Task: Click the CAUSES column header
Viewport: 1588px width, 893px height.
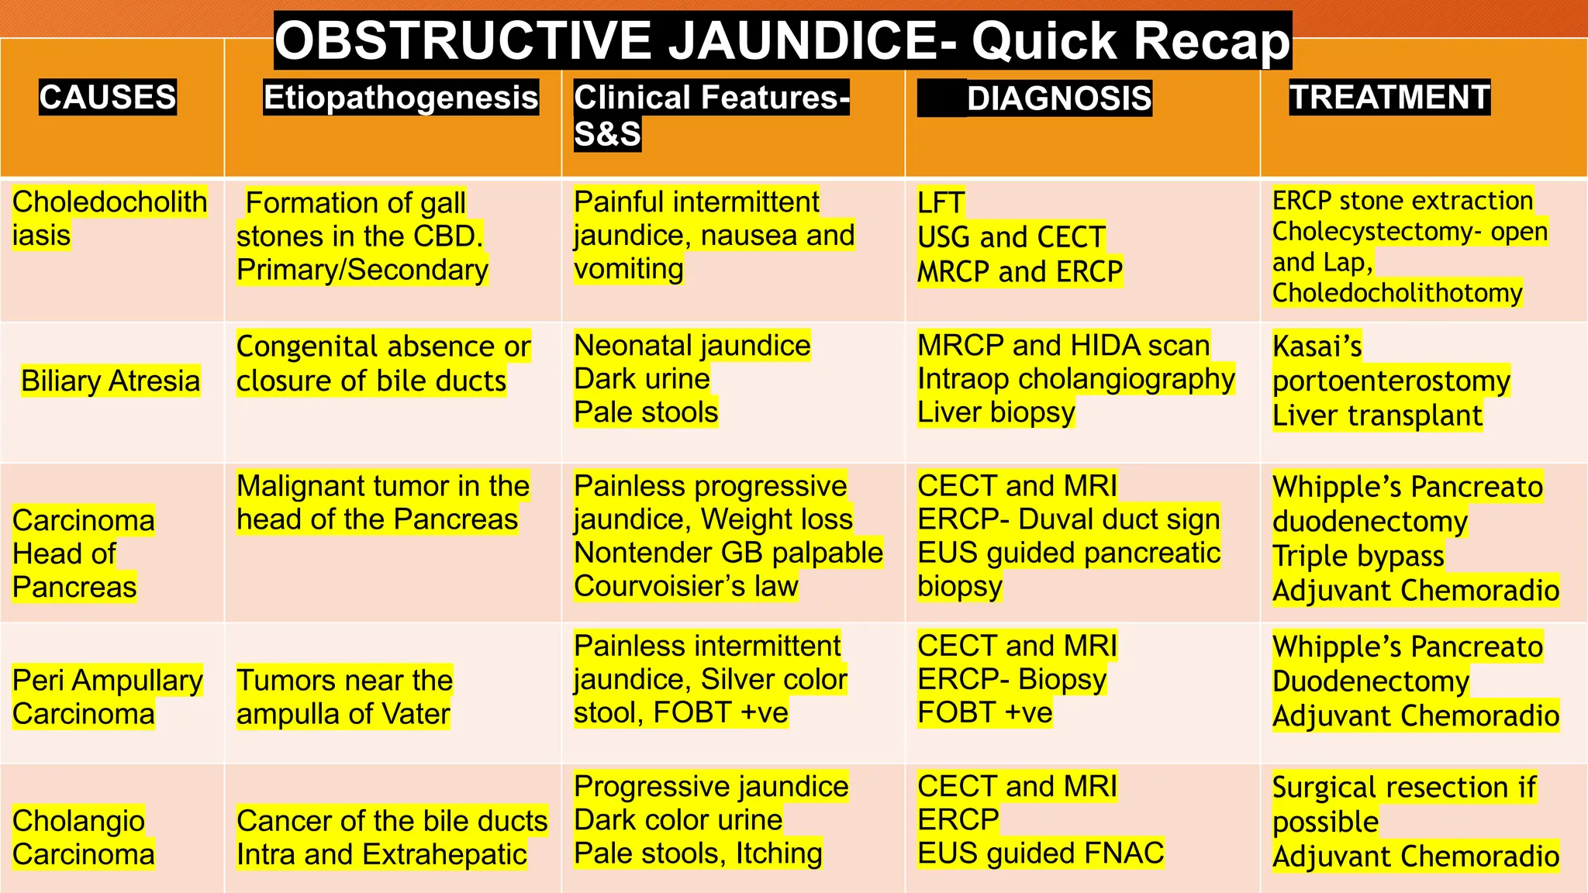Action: click(x=108, y=98)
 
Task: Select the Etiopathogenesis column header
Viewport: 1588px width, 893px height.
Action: click(x=400, y=98)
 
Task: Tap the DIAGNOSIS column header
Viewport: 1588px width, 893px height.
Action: click(x=1058, y=98)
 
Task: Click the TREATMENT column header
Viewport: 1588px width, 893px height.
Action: click(x=1389, y=98)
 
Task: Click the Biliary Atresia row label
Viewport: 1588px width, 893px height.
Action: click(x=110, y=381)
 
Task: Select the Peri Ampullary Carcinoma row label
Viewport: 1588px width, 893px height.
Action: click(x=107, y=696)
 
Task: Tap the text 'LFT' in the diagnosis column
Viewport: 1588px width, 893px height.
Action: click(x=941, y=203)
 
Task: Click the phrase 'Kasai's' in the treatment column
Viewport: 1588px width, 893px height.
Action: click(x=1317, y=347)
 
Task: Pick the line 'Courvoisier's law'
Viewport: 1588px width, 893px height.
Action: click(x=685, y=586)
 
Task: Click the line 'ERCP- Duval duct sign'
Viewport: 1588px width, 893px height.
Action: click(x=1068, y=519)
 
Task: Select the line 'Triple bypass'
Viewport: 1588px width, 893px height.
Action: click(x=1358, y=556)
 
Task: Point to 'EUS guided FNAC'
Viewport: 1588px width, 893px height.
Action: click(x=1040, y=853)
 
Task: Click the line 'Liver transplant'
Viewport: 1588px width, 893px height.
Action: click(x=1377, y=415)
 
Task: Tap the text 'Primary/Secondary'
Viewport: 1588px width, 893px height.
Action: click(x=362, y=270)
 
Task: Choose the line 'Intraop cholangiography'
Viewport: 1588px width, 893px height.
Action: click(x=1075, y=379)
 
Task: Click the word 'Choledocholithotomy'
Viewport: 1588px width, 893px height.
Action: click(x=1397, y=293)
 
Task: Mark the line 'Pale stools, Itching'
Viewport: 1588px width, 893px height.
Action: click(x=697, y=853)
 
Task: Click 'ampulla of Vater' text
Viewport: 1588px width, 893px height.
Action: click(x=343, y=714)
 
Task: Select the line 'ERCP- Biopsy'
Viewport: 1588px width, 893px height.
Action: click(x=1011, y=679)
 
